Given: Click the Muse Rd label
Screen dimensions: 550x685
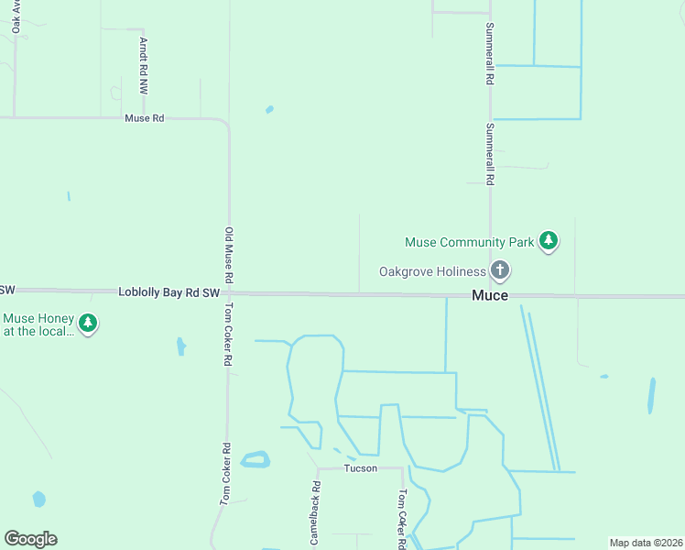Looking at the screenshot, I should point(145,118).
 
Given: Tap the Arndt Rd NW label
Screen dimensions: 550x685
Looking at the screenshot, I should point(143,67).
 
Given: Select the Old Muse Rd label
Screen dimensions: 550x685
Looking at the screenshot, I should point(230,255).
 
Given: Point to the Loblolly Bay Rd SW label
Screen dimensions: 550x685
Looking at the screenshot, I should point(169,292).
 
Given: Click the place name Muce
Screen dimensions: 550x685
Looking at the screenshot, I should point(490,295).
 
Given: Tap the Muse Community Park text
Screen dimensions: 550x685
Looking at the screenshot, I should point(469,243).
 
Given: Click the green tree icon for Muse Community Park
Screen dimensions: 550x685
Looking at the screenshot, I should point(549,241).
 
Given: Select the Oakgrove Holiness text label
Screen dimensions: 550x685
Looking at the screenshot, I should point(432,271).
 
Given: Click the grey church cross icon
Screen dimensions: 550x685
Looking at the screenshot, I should point(499,270).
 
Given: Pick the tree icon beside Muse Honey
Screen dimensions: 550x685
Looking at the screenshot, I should point(88,323).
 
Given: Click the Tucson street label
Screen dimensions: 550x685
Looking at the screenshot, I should point(360,467).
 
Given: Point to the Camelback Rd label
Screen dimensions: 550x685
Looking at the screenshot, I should point(315,513).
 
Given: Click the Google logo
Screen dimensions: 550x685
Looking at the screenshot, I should point(30,539).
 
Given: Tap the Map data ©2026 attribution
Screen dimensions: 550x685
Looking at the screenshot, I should point(646,543).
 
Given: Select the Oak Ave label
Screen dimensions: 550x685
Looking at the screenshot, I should point(16,16).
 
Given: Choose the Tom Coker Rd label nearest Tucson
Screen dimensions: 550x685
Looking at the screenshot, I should point(401,518).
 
